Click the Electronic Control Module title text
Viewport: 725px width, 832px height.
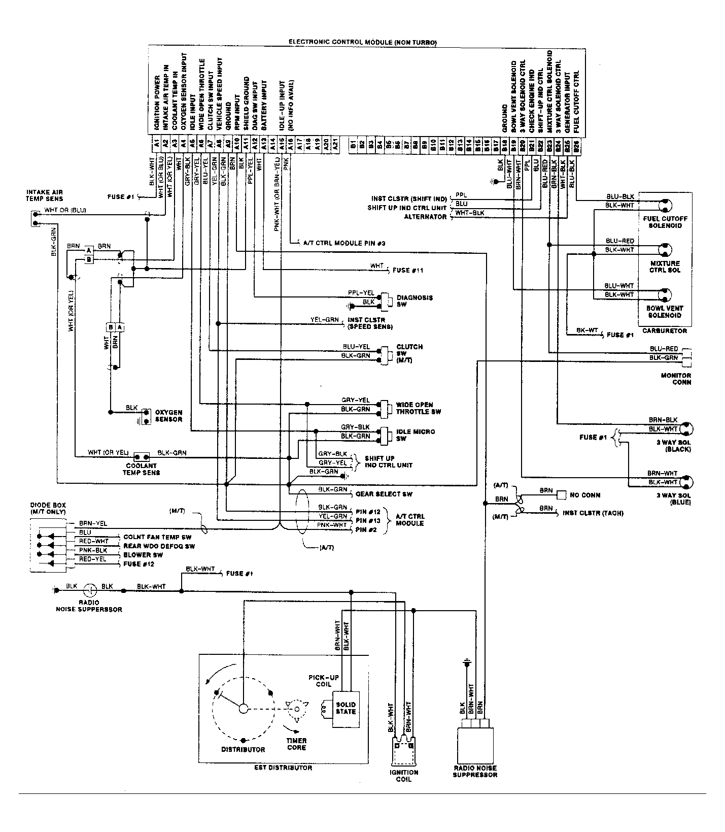[x=362, y=42]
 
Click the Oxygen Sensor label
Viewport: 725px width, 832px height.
[x=168, y=416]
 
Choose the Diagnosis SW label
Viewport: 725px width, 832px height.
[x=415, y=301]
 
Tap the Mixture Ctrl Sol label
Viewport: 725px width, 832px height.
[x=665, y=267]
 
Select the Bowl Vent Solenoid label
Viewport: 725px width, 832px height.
[x=665, y=311]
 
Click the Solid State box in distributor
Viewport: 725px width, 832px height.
[x=346, y=708]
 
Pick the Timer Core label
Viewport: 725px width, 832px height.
[x=296, y=744]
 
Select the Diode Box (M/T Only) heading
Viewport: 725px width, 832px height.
[x=49, y=508]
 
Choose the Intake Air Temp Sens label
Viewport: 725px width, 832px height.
[x=45, y=195]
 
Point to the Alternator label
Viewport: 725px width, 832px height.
[x=425, y=217]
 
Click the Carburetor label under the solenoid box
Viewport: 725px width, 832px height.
[x=665, y=330]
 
